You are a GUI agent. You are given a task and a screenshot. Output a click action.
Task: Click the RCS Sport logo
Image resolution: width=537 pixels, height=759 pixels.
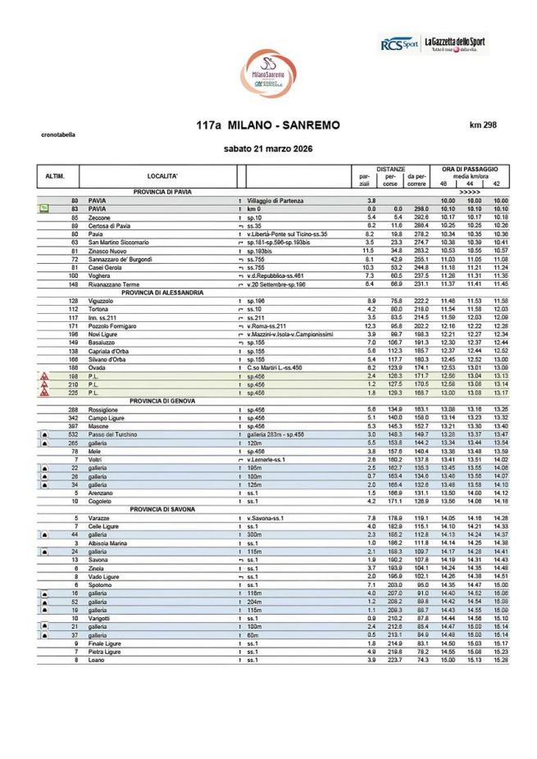pos(399,44)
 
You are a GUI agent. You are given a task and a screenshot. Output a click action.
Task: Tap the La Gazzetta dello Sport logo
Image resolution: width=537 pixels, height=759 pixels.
pos(455,43)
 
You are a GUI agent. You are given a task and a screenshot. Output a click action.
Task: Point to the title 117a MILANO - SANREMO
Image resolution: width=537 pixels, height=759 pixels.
pos(268,125)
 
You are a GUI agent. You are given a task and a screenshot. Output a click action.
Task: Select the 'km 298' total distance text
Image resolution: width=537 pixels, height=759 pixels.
pos(483,125)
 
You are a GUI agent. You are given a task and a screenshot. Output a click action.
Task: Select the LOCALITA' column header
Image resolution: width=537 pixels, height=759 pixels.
pos(162,176)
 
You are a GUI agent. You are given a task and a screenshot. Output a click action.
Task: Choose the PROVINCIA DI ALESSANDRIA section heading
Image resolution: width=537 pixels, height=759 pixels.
pos(162,293)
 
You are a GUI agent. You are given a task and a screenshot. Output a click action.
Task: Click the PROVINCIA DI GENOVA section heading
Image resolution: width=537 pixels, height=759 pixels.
pos(162,401)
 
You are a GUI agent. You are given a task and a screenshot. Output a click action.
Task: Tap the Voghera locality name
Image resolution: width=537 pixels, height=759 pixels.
pos(99,276)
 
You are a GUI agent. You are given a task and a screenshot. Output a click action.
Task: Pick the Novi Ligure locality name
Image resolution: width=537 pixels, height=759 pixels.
pos(103,334)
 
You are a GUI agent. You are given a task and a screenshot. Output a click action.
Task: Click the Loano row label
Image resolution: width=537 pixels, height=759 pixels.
pos(96,660)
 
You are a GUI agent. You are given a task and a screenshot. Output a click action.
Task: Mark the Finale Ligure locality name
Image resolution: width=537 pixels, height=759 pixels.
pos(104,643)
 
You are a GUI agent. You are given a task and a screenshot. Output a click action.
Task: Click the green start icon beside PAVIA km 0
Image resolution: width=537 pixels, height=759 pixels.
pos(43,208)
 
